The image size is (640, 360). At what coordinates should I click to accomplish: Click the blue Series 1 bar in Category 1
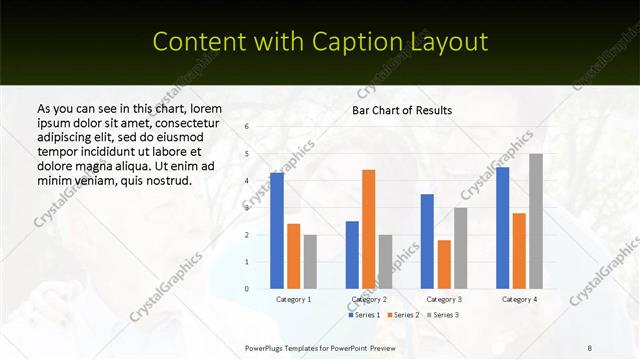point(277,231)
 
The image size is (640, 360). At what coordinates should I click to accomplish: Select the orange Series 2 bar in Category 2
point(369,229)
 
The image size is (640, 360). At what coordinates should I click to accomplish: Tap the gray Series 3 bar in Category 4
point(536,221)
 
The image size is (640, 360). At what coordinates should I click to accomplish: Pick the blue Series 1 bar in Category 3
point(427,241)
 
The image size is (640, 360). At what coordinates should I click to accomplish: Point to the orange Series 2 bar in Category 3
point(444,264)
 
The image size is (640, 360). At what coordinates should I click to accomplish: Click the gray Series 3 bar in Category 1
point(310,262)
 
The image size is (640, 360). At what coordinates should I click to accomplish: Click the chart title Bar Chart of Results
point(402,110)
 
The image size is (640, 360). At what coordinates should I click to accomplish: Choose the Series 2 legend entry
point(402,315)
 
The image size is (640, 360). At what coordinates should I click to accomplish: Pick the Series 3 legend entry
point(442,315)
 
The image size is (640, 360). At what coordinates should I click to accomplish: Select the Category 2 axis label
point(369,299)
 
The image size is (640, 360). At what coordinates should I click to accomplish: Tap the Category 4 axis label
point(519,299)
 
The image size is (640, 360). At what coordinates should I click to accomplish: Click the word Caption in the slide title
point(361,42)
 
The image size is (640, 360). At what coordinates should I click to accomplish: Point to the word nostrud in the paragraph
point(165,180)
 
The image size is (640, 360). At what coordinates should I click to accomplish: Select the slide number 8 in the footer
point(590,347)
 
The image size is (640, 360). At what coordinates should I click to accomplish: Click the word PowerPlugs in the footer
point(267,347)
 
